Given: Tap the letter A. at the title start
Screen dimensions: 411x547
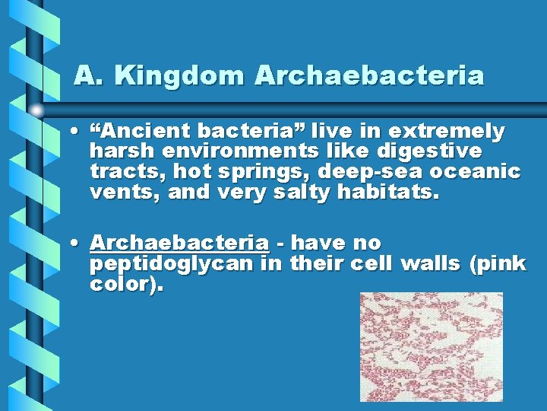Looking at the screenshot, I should [x=84, y=76].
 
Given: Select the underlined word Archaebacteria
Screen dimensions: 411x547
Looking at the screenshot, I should [x=179, y=243].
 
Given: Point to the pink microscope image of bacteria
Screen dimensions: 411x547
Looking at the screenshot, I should [x=431, y=346].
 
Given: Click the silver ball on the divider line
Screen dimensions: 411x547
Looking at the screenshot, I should [x=37, y=110].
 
